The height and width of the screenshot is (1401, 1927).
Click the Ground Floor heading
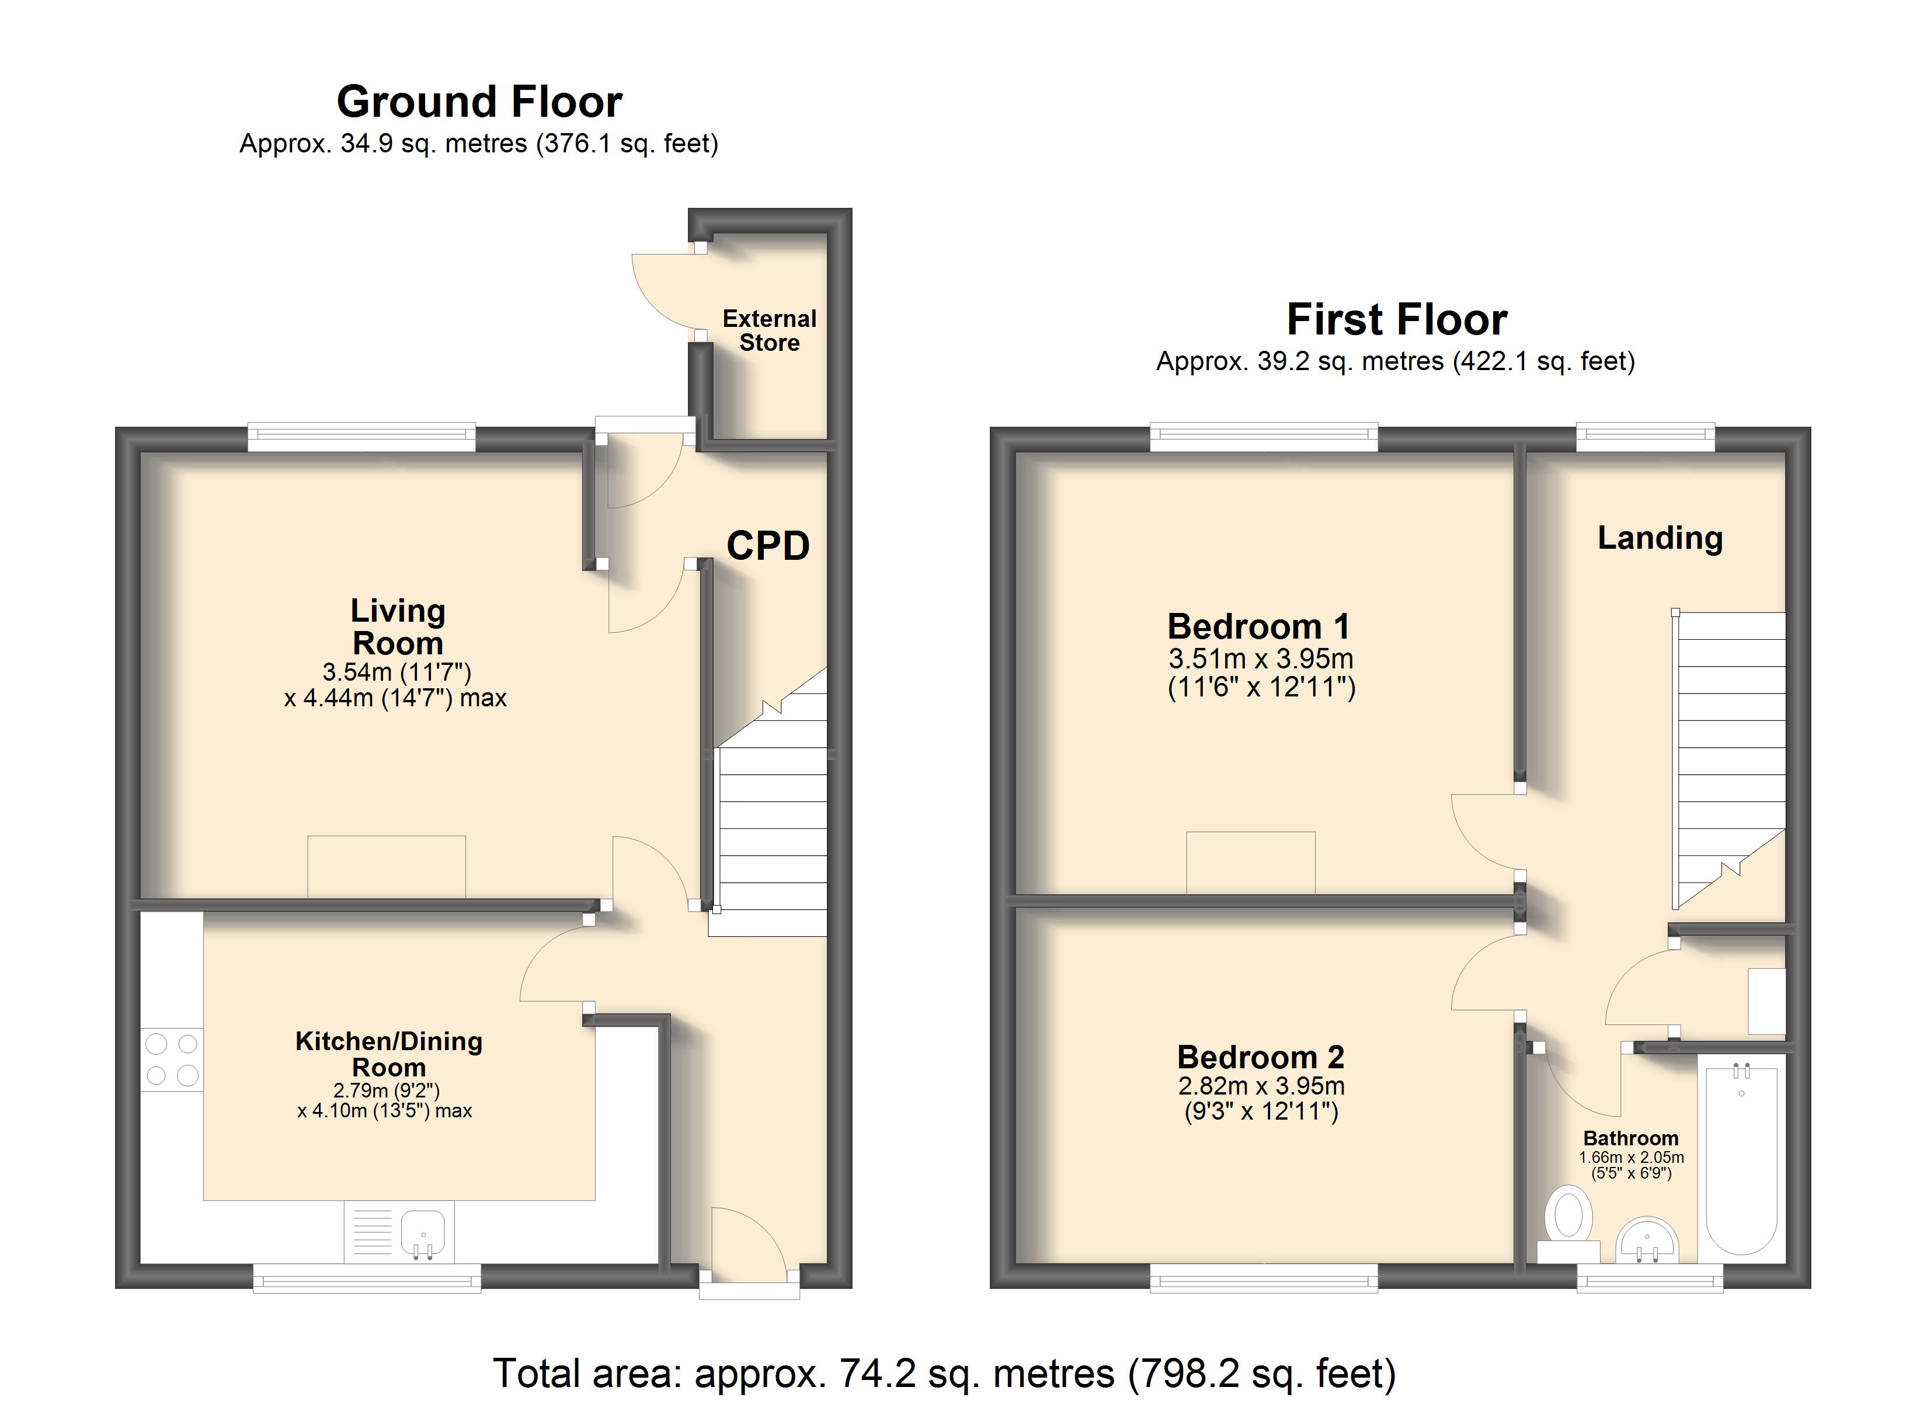tap(479, 103)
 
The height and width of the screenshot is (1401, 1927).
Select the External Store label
tap(770, 330)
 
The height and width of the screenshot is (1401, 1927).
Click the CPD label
tap(768, 545)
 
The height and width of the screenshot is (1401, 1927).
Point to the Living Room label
tap(398, 627)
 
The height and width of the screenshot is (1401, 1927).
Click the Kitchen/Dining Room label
tap(389, 1054)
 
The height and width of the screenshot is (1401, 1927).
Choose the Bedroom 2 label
tap(1261, 1057)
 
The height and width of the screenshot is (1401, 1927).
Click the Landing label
tap(1660, 538)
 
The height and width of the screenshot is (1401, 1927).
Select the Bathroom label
tap(1630, 1138)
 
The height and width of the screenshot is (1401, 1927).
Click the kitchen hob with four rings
tap(172, 1060)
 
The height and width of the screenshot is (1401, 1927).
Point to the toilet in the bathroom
tap(1568, 1226)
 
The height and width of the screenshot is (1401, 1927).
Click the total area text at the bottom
tap(945, 1373)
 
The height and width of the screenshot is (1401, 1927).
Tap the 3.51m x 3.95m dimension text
tap(1261, 658)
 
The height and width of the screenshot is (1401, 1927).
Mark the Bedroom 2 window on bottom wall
tap(1264, 1278)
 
